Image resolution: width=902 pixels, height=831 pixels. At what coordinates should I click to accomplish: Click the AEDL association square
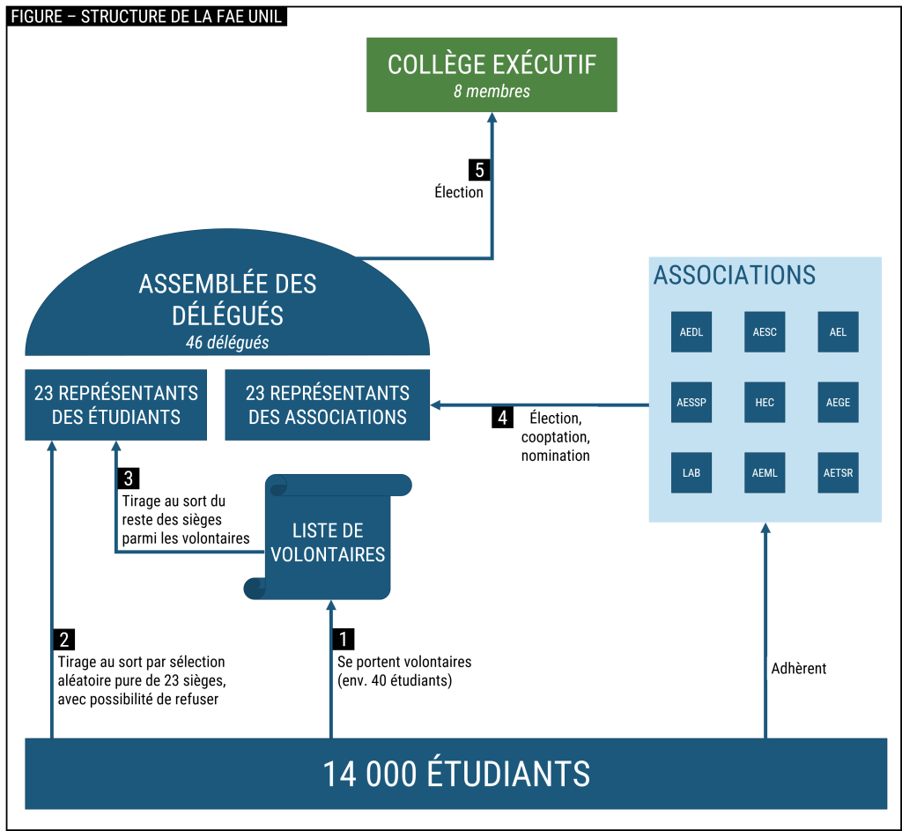(x=691, y=332)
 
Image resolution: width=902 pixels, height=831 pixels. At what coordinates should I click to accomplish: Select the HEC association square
(x=765, y=402)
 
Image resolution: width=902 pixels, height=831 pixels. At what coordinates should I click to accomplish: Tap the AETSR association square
(x=838, y=472)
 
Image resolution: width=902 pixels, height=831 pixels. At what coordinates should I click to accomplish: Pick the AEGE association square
(x=838, y=402)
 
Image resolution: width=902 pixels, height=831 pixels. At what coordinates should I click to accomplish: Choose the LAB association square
(x=691, y=472)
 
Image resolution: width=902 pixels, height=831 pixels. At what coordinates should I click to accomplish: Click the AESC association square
(x=765, y=332)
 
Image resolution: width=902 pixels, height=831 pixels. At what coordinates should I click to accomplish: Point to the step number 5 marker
(x=479, y=169)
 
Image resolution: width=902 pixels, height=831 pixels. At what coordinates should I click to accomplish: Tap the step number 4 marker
(x=502, y=417)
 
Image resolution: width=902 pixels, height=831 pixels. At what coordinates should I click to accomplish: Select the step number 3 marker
(x=129, y=479)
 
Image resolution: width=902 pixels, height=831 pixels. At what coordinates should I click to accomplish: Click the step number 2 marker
(x=64, y=639)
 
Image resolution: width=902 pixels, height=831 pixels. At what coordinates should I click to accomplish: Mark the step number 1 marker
(x=344, y=639)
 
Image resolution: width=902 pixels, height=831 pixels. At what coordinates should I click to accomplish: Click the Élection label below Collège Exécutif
(x=459, y=192)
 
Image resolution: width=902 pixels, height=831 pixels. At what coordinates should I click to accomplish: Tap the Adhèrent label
(x=799, y=668)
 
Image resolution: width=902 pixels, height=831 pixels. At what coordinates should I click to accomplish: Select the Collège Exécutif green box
(x=492, y=75)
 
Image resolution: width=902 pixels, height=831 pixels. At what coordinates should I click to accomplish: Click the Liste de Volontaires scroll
(x=328, y=541)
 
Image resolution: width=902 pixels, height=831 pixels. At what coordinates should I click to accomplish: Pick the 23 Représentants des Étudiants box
(x=116, y=404)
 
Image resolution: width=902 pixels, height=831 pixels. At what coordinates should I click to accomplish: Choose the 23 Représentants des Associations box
(x=328, y=404)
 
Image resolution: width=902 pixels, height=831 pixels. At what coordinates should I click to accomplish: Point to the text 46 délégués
(x=227, y=342)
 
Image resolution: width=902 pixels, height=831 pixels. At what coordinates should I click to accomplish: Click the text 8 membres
(x=492, y=91)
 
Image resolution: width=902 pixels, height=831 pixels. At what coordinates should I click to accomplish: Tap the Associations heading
(x=735, y=275)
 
